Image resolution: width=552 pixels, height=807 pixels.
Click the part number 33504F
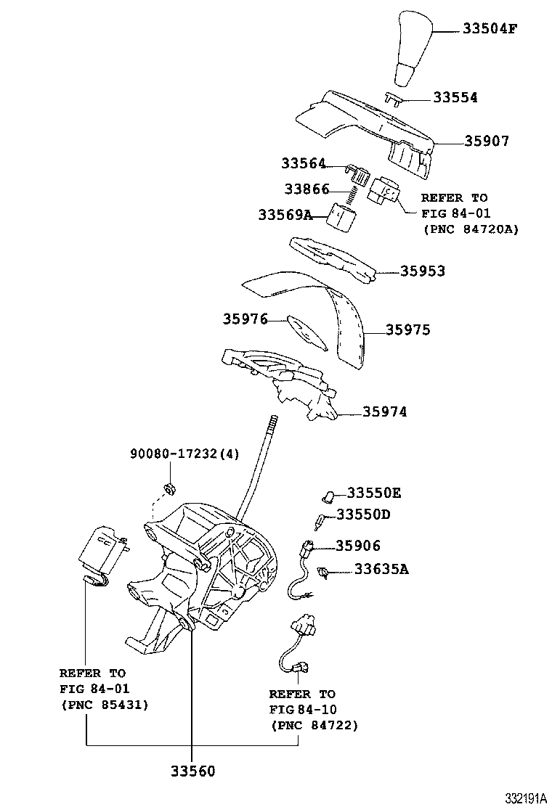tap(489, 28)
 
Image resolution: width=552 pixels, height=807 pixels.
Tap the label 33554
tap(455, 97)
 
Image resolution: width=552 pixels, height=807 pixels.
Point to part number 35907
tap(487, 141)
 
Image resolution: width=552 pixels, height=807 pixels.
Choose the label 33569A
tap(285, 215)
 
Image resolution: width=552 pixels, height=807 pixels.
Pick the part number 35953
tap(423, 271)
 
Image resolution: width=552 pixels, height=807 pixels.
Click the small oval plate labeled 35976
tap(307, 333)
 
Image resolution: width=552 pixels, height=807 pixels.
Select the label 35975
tap(407, 329)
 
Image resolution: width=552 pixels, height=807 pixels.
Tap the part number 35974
tap(385, 411)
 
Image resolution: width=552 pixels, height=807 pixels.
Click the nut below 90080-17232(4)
tap(169, 488)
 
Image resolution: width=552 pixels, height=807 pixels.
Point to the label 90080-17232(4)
tap(184, 454)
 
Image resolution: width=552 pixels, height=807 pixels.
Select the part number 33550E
tap(374, 493)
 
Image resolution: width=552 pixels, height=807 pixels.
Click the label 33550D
tap(364, 514)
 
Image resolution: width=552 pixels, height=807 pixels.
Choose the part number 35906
tap(358, 545)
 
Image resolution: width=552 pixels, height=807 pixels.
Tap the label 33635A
tap(381, 569)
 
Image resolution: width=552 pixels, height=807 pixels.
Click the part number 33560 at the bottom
tap(192, 771)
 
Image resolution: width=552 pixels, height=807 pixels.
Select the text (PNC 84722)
tap(314, 726)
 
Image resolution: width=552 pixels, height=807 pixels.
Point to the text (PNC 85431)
tap(105, 705)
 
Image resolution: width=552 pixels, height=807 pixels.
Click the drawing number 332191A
tap(525, 798)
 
